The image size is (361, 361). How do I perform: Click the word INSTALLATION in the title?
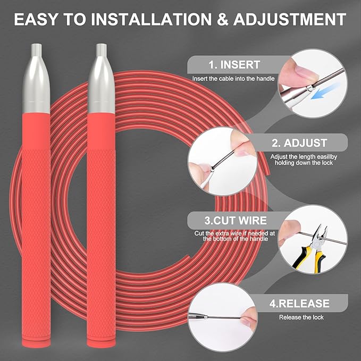tap(152, 19)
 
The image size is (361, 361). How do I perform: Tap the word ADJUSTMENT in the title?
tap(290, 19)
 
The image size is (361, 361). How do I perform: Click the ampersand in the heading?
tap(222, 19)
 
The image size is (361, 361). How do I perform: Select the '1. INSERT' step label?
tap(234, 65)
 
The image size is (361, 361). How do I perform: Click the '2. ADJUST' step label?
tap(299, 142)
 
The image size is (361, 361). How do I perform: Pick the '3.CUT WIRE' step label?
tap(236, 221)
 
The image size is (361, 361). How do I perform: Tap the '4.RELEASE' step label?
tap(299, 303)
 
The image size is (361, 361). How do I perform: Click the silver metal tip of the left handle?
tap(36, 78)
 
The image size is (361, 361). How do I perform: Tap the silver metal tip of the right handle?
tap(102, 78)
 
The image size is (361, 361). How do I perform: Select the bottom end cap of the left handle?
tap(36, 342)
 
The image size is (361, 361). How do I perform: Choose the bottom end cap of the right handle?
tap(101, 342)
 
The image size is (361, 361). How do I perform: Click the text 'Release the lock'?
tap(301, 317)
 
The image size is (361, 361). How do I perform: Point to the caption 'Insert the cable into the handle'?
tap(233, 79)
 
